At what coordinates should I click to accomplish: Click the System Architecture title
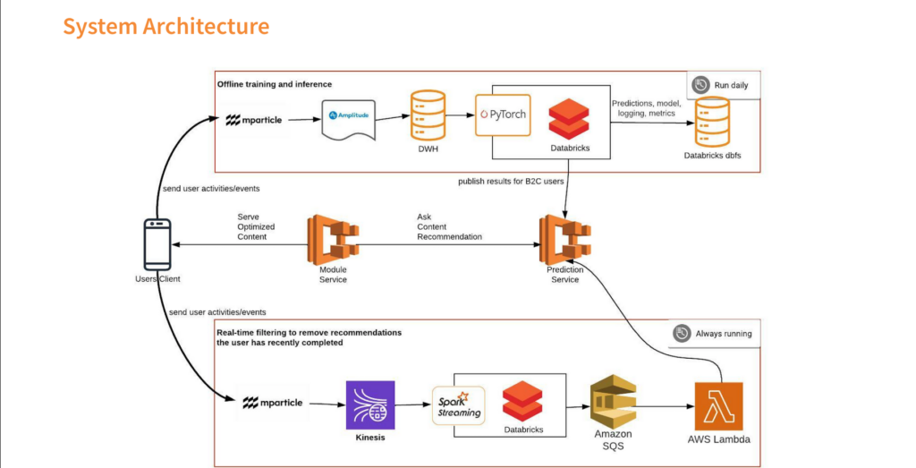pos(165,26)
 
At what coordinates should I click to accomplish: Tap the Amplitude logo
pos(349,115)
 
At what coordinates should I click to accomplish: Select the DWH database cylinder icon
pos(428,115)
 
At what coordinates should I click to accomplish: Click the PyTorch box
pos(503,115)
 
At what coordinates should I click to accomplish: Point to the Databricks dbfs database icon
pos(712,122)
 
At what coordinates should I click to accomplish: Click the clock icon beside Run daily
pos(700,85)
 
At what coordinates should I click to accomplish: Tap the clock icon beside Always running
pos(682,334)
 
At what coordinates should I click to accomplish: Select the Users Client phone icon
pos(157,244)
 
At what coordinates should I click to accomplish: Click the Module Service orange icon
pos(333,240)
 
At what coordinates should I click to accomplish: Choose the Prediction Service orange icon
pos(565,240)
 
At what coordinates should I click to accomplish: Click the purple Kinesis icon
pos(370,404)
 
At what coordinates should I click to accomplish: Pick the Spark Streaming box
pos(459,405)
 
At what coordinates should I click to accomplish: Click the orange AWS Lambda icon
pos(718,406)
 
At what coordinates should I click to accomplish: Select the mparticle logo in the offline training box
pos(254,120)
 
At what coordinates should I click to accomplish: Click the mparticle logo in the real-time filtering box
pos(273,403)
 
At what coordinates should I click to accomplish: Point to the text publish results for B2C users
pos(511,181)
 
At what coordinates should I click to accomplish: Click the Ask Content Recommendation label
pos(449,226)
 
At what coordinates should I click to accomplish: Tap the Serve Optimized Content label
pos(256,226)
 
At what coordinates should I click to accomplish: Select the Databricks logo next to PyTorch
pos(569,119)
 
